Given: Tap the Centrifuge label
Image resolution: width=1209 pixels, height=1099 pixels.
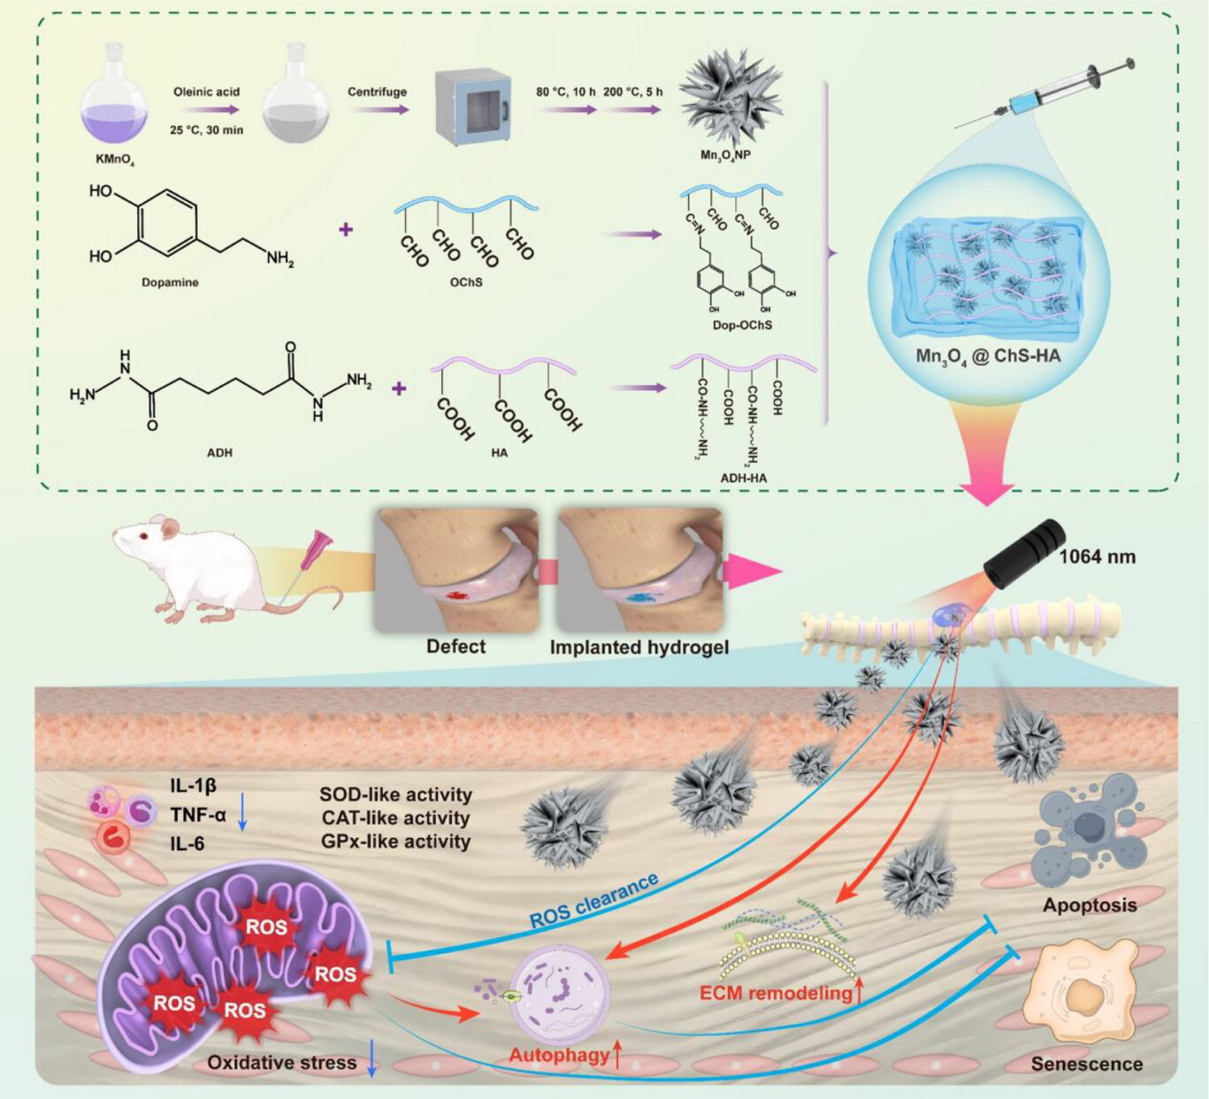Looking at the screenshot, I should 377,92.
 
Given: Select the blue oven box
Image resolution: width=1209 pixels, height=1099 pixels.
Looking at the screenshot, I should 473,107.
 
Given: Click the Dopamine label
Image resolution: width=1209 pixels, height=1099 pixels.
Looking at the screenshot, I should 170,282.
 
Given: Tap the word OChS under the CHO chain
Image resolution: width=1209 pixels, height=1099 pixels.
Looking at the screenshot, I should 466,282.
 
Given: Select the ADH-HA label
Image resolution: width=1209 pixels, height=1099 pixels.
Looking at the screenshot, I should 743,478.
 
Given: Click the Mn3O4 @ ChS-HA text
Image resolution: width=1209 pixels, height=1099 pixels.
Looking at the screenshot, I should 988,357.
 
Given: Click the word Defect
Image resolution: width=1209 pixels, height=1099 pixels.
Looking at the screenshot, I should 455,647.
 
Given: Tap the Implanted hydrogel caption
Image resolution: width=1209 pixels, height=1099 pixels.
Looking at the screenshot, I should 639,648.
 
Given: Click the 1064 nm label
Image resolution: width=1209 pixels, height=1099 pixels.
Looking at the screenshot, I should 1097,557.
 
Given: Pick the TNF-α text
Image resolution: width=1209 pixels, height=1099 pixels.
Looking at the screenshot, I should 198,814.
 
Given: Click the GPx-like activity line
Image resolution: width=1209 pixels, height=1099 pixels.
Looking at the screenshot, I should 395,842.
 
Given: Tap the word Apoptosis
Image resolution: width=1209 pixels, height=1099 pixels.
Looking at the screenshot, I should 1089,905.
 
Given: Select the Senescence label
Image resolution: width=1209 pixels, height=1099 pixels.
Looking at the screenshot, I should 1086,1064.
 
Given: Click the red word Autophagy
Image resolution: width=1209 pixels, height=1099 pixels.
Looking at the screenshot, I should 559,1055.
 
